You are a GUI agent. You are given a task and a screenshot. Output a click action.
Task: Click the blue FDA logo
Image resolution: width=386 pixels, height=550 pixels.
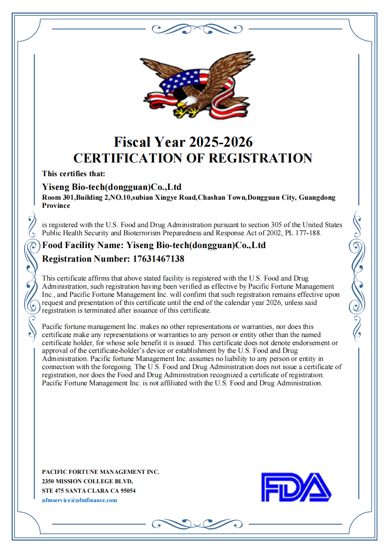coord(296,487)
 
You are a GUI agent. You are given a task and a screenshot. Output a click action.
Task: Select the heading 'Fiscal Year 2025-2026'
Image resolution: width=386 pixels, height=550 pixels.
coord(183,142)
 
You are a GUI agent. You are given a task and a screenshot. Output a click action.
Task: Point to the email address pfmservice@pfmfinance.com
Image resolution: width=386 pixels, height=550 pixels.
coord(80,500)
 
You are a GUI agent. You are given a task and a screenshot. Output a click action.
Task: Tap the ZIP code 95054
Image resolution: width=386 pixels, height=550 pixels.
coord(127,491)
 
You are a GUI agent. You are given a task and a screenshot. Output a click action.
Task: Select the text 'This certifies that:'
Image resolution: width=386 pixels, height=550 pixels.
coord(74,173)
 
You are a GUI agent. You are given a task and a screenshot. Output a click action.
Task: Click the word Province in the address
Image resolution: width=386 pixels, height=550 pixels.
coord(56,205)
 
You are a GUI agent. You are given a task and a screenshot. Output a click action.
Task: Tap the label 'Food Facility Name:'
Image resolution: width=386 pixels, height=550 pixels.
coord(83,245)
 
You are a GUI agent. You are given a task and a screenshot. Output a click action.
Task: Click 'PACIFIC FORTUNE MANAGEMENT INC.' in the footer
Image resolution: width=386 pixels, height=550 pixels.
coord(101,472)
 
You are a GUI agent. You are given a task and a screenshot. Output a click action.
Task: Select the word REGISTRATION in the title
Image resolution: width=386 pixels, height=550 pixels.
coord(260,158)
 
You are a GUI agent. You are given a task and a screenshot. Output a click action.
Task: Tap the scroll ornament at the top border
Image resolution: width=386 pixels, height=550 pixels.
coord(197,29)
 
